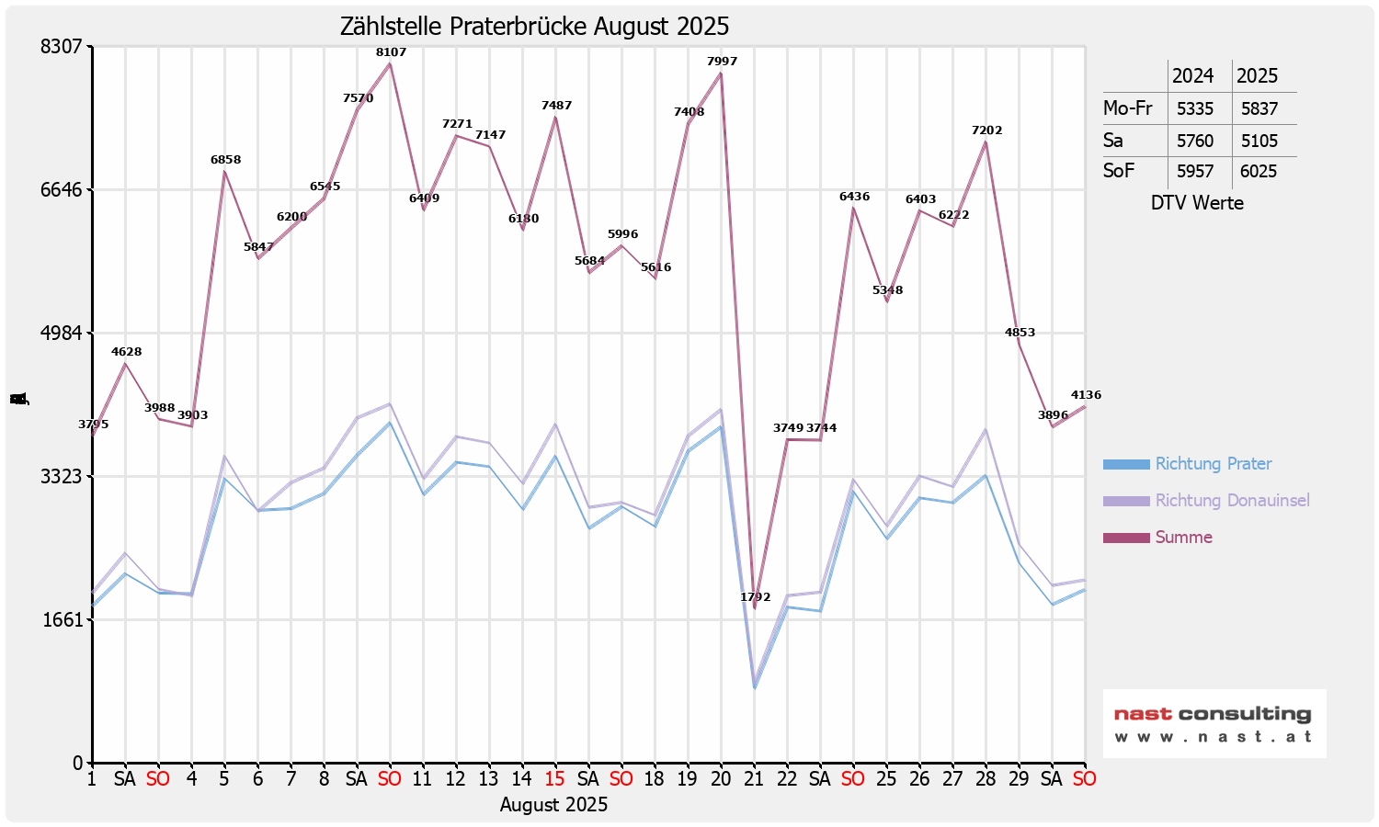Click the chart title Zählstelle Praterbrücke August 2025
click(x=534, y=27)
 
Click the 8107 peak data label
click(x=391, y=52)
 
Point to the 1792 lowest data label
click(x=756, y=597)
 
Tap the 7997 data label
click(x=722, y=62)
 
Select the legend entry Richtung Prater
click(x=1213, y=464)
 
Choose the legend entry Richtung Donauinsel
click(x=1232, y=501)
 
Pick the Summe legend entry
click(x=1183, y=538)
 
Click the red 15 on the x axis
click(x=554, y=779)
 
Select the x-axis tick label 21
click(x=754, y=779)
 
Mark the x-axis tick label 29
click(x=1019, y=779)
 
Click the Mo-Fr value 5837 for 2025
click(x=1259, y=108)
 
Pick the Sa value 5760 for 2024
click(x=1195, y=141)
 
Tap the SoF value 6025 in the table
click(x=1259, y=171)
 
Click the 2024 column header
click(x=1192, y=75)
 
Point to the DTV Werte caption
click(x=1197, y=203)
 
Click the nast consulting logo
click(x=1214, y=723)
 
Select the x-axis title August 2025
click(x=553, y=805)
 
